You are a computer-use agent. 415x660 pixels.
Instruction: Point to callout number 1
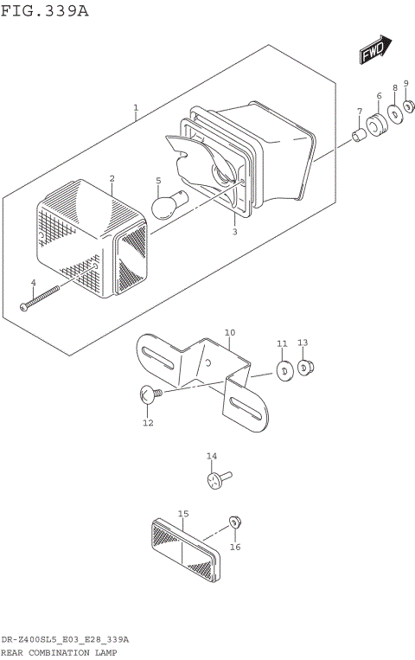point(136,108)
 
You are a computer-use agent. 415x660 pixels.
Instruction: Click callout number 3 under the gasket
point(233,232)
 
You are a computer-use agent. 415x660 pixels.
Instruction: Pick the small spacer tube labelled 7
point(357,136)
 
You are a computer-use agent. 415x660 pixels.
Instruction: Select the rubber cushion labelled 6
point(377,125)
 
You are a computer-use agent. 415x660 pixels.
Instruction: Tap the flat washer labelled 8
point(394,113)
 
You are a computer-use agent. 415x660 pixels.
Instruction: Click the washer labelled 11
point(282,370)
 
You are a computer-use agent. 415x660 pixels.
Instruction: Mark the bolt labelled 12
point(148,395)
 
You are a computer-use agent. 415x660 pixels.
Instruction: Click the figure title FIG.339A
point(44,10)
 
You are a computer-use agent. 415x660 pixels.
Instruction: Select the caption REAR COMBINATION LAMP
point(58,652)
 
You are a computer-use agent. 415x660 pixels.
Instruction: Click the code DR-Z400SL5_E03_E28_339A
point(65,639)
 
